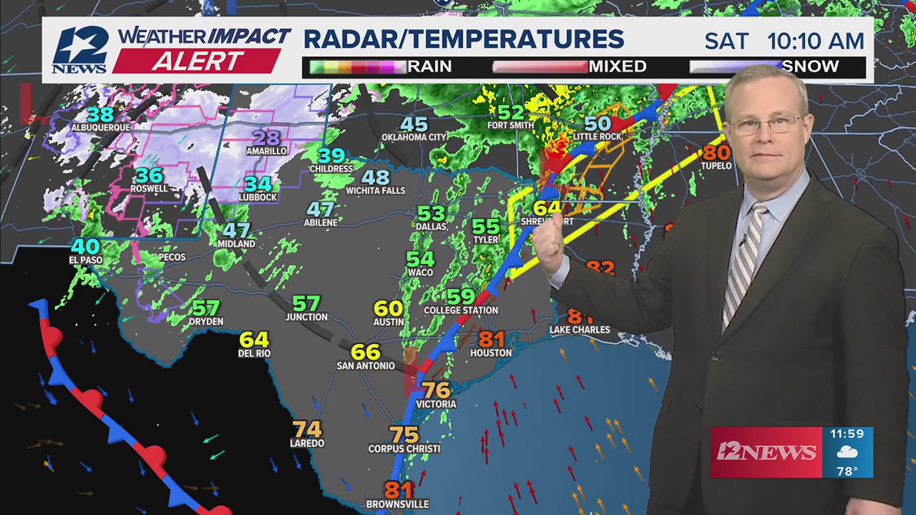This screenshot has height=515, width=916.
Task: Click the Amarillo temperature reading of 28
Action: (266, 138)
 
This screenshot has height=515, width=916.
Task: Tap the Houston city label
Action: (491, 353)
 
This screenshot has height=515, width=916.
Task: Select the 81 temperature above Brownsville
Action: (398, 490)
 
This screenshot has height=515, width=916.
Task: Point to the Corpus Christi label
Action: (404, 449)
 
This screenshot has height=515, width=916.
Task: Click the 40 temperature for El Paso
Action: (85, 246)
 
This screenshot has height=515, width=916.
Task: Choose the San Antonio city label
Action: (365, 366)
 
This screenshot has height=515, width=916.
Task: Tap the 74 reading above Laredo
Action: (307, 429)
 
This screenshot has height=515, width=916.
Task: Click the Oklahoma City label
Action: (414, 137)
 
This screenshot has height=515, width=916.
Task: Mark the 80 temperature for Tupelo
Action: (716, 153)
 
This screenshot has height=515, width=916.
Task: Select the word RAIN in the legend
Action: (429, 66)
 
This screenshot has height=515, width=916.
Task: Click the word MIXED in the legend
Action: (617, 66)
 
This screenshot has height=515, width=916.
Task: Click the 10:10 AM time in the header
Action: (815, 41)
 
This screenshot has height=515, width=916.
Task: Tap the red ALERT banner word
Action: (197, 62)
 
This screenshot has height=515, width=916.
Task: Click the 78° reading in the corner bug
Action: (847, 471)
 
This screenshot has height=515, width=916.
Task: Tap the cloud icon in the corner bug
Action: (847, 452)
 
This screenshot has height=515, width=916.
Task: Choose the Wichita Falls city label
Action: (375, 191)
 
